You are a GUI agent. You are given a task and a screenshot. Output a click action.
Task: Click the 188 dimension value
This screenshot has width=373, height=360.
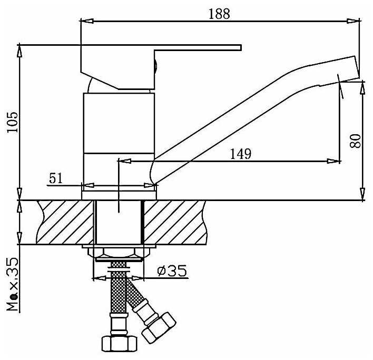[219, 14]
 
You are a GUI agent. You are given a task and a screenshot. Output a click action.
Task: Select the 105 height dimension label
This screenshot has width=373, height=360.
[12, 122]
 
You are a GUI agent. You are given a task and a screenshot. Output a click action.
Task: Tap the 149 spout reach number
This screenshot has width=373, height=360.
[240, 154]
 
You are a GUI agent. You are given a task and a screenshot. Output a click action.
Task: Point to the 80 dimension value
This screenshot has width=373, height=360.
[355, 141]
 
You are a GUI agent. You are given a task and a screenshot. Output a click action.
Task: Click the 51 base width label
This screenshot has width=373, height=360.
[56, 178]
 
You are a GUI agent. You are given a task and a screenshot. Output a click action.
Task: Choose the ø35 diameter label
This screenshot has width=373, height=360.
[172, 271]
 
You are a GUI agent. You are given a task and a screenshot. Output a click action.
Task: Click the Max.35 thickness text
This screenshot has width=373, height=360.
[12, 284]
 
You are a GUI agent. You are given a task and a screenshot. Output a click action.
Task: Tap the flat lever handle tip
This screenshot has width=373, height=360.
[241, 47]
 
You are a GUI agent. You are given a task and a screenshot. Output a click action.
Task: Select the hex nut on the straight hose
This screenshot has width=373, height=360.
[120, 344]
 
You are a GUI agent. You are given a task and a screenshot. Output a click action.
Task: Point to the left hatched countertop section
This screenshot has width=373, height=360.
[65, 222]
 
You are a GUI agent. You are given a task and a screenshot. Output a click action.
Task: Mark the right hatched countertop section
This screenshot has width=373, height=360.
[175, 222]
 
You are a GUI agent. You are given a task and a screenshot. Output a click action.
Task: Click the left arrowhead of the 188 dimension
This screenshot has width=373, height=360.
[86, 21]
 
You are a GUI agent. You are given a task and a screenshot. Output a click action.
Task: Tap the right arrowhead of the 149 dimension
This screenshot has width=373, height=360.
[333, 161]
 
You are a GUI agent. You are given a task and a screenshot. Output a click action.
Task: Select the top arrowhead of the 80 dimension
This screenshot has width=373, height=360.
[362, 88]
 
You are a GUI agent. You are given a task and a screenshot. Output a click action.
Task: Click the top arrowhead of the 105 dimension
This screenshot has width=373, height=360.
[19, 51]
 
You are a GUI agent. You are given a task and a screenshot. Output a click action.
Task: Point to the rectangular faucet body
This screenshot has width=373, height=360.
[119, 123]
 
